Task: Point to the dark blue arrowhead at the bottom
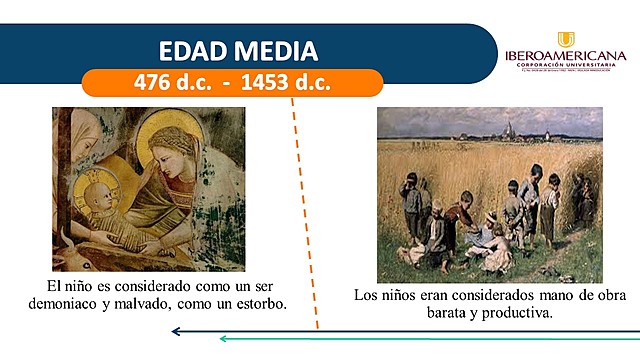175,331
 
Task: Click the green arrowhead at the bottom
224,339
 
